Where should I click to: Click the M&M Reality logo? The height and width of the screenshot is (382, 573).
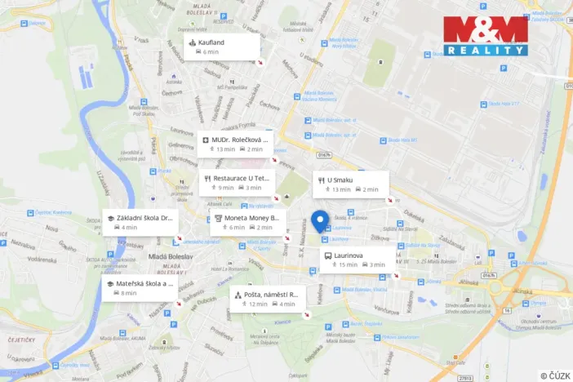[x=486, y=36]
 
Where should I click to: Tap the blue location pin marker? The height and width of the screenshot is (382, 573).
[x=320, y=220]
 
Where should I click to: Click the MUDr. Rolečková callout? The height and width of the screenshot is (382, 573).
[x=235, y=144]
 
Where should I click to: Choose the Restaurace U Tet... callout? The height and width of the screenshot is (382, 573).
[x=237, y=182]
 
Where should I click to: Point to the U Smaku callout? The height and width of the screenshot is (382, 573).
[x=350, y=184]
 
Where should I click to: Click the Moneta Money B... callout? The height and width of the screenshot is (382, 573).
[x=247, y=222]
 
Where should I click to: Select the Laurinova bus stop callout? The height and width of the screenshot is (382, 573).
[x=357, y=260]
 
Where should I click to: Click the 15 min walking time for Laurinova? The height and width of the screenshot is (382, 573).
[x=348, y=264]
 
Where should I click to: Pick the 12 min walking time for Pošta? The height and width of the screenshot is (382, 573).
[x=258, y=304]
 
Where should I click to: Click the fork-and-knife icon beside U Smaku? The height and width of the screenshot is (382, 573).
[x=322, y=180]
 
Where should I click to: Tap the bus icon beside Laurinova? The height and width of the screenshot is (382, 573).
[x=328, y=255]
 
